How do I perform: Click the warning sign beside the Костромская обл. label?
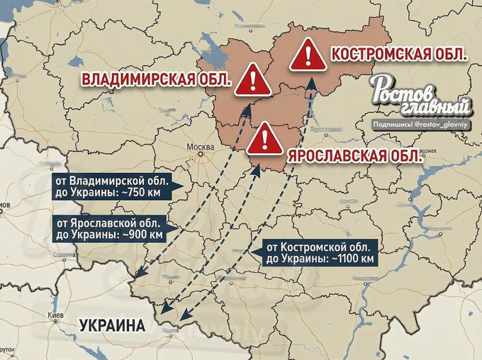point(307,55)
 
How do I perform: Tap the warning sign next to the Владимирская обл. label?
point(254,79)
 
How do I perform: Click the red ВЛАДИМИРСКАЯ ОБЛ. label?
point(157,79)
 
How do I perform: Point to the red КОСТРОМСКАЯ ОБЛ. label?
point(399,55)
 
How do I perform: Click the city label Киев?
point(55,315)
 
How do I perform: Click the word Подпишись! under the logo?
point(398,123)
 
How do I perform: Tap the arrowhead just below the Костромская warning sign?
point(310,89)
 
